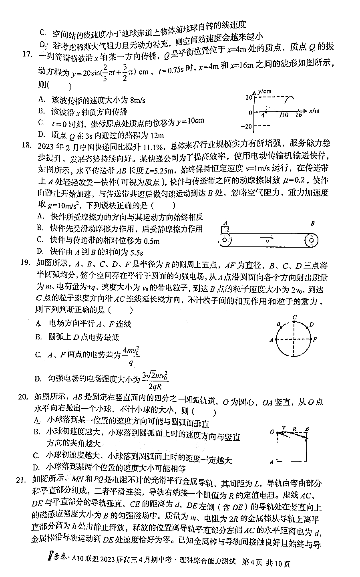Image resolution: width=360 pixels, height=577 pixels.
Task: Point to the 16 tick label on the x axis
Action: pyautogui.click(x=299, y=115)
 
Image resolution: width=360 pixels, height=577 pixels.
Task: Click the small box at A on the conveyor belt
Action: pyautogui.click(x=225, y=230)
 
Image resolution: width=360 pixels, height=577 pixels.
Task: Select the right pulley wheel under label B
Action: pyautogui.click(x=311, y=240)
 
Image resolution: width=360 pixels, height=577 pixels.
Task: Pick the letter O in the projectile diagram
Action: pyautogui.click(x=272, y=432)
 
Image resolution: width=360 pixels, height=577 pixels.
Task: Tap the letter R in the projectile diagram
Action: pyautogui.click(x=294, y=429)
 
